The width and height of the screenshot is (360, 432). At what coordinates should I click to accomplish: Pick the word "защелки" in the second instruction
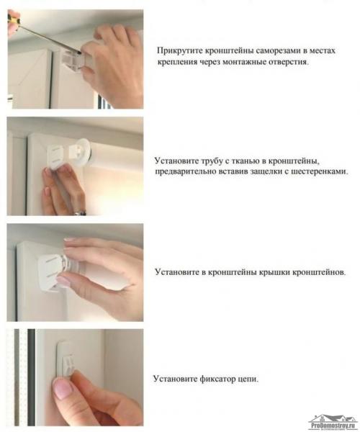click(251, 172)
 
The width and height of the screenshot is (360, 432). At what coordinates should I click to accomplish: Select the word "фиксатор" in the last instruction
click(210, 379)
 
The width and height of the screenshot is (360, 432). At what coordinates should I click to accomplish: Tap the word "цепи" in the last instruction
click(246, 379)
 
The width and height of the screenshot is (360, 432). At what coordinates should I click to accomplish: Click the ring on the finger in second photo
click(81, 211)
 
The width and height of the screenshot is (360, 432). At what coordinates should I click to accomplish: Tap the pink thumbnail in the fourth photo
click(63, 390)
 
